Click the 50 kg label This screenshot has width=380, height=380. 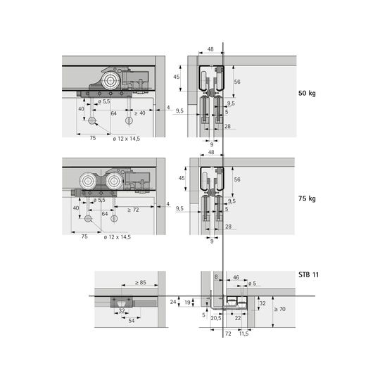(307, 94)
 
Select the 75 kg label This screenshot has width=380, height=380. (307, 198)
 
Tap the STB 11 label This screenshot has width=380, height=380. (308, 275)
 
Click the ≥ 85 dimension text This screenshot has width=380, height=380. (141, 282)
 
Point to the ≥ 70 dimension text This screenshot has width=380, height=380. (280, 309)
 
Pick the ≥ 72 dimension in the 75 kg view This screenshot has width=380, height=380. (133, 210)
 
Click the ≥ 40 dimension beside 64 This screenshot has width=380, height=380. (140, 113)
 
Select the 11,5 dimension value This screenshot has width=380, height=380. (243, 334)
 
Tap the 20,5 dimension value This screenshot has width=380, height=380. (216, 318)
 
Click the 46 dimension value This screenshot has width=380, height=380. (236, 277)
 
